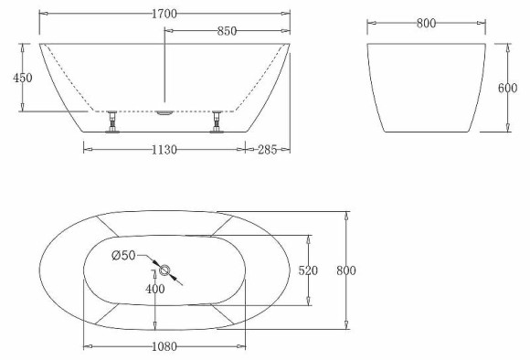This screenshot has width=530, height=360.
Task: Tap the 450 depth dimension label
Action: coord(22,79)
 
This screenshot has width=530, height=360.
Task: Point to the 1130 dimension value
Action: coord(164,149)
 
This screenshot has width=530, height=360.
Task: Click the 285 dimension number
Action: coord(268,149)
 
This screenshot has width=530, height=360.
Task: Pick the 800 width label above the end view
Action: coord(425,24)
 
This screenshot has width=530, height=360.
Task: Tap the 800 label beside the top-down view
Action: coord(345,270)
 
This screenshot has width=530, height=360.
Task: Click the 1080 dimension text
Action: coord(164,347)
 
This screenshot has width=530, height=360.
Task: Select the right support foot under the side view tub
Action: coord(217,122)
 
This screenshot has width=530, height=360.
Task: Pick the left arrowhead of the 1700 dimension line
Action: coord(43,16)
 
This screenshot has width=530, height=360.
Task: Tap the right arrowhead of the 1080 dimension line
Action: coord(243,347)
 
